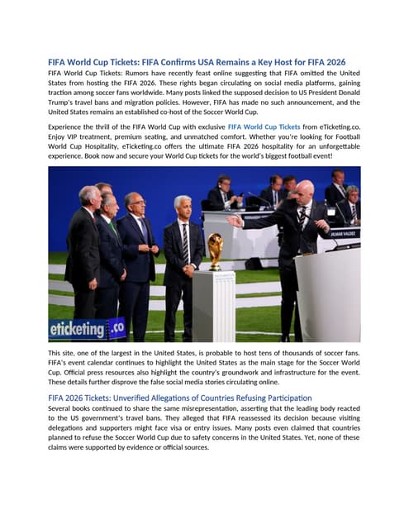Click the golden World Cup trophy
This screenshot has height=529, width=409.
[x=215, y=251]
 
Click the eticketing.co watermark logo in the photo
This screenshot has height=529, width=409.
[x=87, y=329]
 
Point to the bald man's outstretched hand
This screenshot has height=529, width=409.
[x=235, y=221]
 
